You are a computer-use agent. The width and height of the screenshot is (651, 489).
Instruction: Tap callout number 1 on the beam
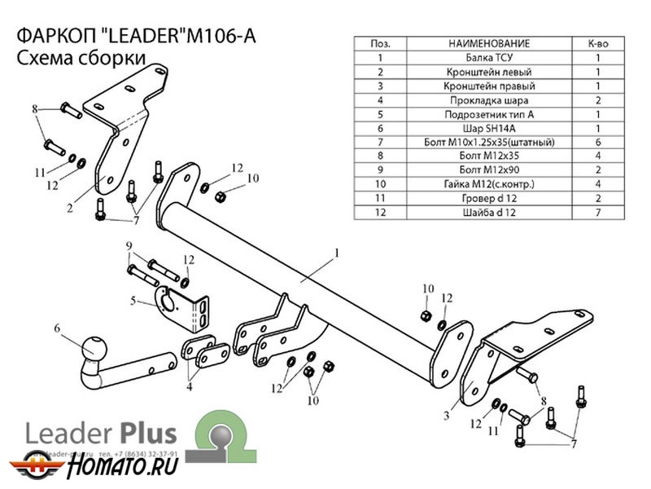(335, 253)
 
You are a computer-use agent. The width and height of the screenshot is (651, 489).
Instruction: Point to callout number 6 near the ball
(58, 328)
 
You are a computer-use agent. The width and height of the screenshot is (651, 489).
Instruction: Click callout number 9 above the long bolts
(129, 246)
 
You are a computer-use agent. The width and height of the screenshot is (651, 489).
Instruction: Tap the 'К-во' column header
(597, 43)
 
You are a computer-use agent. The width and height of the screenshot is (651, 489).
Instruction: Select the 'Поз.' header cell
(379, 43)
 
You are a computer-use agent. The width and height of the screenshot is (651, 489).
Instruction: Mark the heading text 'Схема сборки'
(81, 59)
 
